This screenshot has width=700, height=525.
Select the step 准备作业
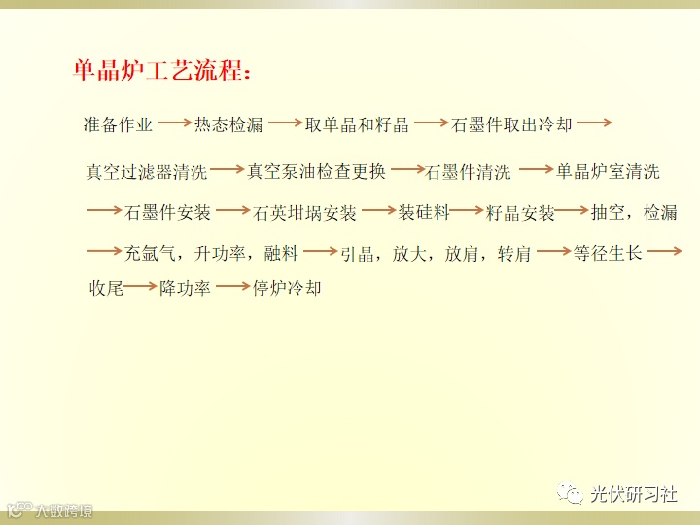(118, 124)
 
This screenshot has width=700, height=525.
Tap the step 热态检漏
(229, 124)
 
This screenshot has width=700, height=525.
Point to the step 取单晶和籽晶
(357, 124)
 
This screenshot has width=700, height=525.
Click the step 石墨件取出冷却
(511, 124)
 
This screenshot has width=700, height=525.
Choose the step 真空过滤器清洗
(147, 172)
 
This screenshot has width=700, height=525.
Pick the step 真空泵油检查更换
(316, 171)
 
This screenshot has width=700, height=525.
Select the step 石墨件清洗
(468, 172)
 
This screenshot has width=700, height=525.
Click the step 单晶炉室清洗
(608, 171)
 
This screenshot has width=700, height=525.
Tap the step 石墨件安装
(167, 212)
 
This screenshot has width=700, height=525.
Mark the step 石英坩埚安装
(304, 213)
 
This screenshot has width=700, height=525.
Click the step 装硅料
(424, 212)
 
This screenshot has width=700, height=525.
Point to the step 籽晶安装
(520, 213)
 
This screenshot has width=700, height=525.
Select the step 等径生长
(608, 253)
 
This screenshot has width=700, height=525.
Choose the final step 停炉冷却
(287, 288)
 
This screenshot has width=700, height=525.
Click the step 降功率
(185, 288)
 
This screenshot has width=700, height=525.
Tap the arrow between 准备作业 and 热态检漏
(174, 122)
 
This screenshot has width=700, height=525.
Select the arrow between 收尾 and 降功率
(140, 286)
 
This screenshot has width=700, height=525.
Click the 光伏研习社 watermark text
(634, 494)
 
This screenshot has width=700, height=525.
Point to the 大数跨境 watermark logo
(50, 509)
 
